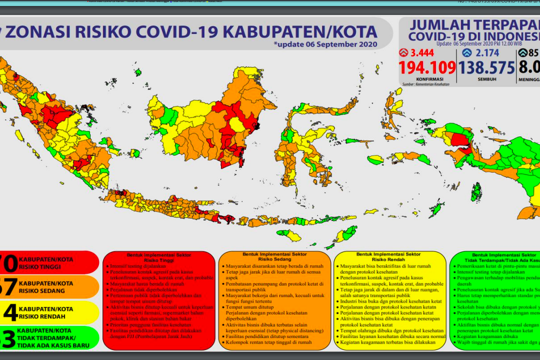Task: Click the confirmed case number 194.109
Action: pos(427,67)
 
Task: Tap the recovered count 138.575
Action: pos(486,67)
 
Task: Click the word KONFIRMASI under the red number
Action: pos(427,79)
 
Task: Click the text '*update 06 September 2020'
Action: pos(325,44)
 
